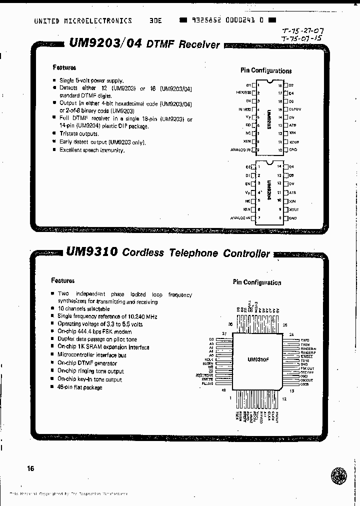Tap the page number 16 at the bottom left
click(x=31, y=468)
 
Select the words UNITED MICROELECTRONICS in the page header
click(x=83, y=21)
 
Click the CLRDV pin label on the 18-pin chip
click(x=295, y=109)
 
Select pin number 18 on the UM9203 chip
click(x=280, y=85)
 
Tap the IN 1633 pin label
click(x=244, y=109)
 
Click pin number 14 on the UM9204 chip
click(x=280, y=166)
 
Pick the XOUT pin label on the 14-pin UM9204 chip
click(x=293, y=209)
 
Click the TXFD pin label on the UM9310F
click(x=305, y=339)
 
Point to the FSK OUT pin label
click(x=307, y=367)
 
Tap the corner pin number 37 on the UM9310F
click(x=224, y=333)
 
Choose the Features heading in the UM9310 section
click(x=62, y=280)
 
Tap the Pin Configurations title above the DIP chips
click(x=266, y=71)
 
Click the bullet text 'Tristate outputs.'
click(x=79, y=134)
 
